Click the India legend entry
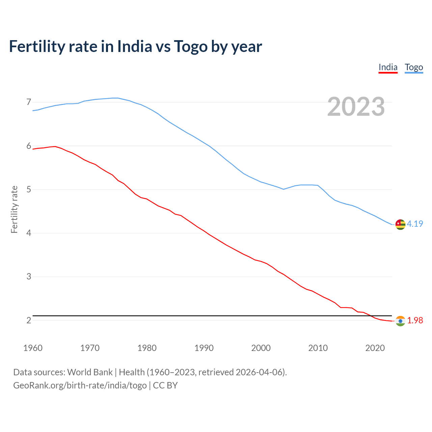388,67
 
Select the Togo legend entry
414,67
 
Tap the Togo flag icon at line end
400,224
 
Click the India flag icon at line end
400,321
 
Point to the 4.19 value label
415,224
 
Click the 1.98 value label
415,320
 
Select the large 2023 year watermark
356,107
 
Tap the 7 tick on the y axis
29,102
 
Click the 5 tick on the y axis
29,189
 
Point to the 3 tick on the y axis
29,277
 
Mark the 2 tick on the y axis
29,320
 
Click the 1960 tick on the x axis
33,348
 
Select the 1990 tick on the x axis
204,348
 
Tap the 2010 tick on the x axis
318,348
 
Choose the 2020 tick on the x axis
375,348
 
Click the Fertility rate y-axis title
14,209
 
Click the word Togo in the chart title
191,46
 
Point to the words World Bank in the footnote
90,372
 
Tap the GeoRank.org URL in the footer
80,385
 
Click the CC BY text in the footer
165,385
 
